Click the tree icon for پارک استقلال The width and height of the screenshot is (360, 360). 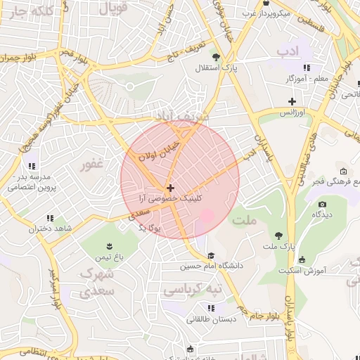216,58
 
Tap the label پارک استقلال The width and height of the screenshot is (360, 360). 217,68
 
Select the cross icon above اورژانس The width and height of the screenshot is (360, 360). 291,101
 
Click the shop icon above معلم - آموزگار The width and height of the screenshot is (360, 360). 307,67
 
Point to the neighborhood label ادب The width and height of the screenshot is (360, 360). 288,51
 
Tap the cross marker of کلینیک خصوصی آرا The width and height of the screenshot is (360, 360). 170,188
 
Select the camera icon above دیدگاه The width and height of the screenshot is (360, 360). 323,204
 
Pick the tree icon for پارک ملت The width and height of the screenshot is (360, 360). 279,235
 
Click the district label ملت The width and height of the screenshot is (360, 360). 247,220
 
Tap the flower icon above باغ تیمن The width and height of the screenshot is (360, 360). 110,245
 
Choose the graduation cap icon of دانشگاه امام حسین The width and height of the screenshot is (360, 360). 211,255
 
